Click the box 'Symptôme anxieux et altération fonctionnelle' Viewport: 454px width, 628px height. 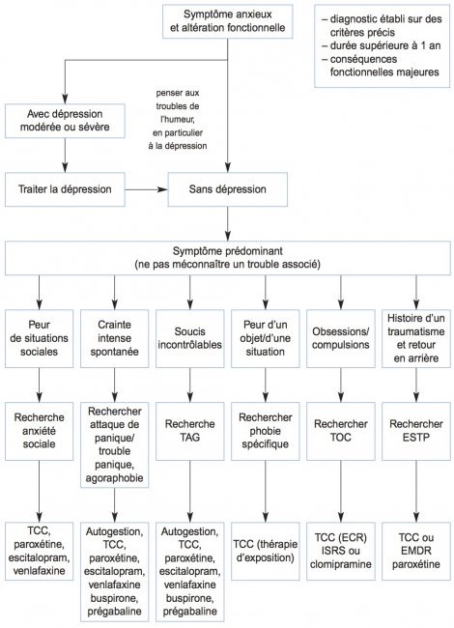[227, 21]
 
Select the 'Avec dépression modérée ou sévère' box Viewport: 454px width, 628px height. [65, 121]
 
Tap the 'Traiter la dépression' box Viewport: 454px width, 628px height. [65, 189]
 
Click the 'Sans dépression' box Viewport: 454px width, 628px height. [227, 189]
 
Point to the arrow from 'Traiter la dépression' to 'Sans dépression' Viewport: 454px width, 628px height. [147, 189]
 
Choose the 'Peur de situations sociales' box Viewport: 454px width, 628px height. [40, 338]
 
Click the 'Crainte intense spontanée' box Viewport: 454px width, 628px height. [115, 338]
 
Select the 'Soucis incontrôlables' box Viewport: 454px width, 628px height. [189, 338]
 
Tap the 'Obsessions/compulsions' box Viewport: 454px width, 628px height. [341, 338]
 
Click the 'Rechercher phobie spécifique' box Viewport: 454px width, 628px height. [266, 431]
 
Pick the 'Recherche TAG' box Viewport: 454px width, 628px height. [189, 431]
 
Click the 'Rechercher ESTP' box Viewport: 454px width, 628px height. [416, 431]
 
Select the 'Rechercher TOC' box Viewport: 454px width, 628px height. [341, 431]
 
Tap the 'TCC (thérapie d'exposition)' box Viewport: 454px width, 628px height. [266, 551]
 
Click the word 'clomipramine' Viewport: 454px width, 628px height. [341, 564]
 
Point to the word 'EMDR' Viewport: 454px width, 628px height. [416, 551]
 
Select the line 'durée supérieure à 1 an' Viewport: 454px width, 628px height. [382, 45]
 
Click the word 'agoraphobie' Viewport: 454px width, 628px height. [115, 478]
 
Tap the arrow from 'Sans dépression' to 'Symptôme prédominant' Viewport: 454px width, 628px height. [228, 223]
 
